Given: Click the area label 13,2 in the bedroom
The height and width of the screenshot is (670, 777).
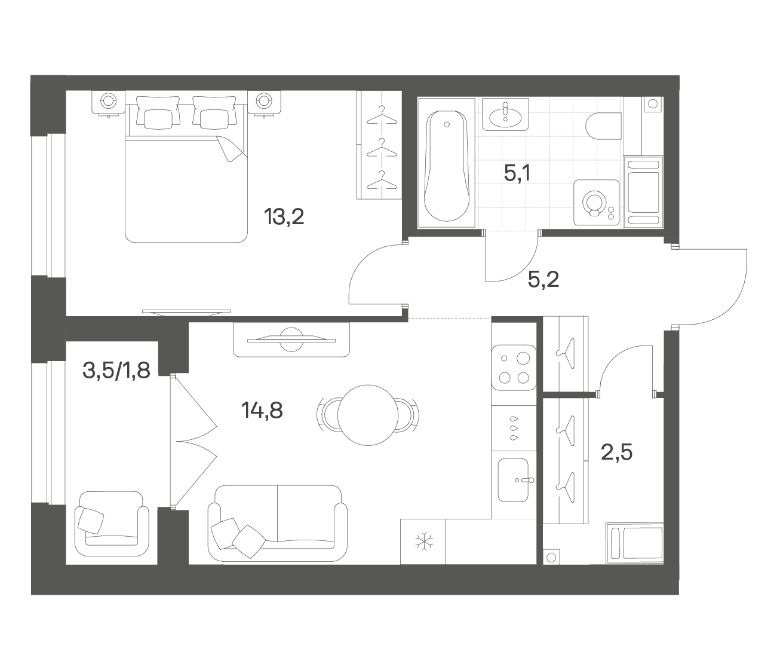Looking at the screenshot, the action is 284,217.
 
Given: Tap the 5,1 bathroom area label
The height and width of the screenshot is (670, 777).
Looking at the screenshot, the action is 517,173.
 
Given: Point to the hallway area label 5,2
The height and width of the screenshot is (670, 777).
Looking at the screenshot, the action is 543,280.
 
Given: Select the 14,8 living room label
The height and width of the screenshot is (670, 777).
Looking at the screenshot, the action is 262,411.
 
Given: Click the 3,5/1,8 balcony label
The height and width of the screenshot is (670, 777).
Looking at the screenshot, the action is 116,370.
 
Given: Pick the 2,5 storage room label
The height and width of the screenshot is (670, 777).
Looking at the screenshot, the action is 617,452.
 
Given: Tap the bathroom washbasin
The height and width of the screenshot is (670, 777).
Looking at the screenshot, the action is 505,114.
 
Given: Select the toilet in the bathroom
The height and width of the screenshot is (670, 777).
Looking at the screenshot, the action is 604,126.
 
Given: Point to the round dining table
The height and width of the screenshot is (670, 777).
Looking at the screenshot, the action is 368,415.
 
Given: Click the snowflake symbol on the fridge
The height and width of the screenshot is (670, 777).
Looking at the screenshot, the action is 423,541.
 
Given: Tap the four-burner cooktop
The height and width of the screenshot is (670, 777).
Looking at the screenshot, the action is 514,368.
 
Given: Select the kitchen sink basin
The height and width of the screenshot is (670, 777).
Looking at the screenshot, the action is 514,480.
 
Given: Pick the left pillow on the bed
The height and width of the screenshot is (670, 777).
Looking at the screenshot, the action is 158,111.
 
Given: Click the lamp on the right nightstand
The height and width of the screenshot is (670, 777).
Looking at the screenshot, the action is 264,101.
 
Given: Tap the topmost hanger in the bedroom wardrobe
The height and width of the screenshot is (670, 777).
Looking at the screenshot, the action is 382,115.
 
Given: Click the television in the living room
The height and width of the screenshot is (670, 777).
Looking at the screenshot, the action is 291,339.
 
